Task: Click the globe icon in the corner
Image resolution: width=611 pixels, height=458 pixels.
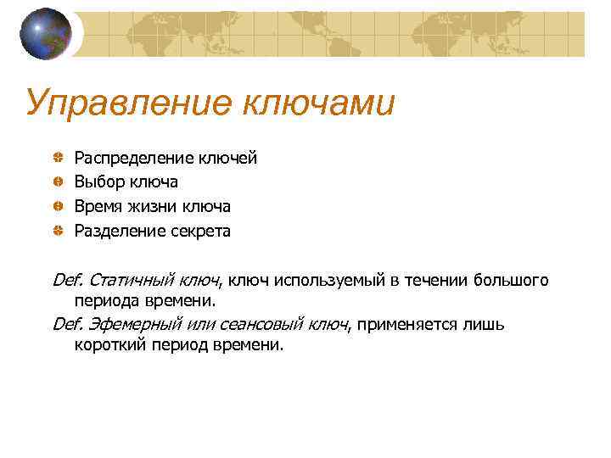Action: click(x=46, y=33)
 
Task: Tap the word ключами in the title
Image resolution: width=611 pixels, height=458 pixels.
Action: click(x=320, y=103)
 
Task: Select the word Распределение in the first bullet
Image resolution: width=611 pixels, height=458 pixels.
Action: click(x=134, y=158)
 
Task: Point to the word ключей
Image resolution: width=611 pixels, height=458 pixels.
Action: click(x=227, y=158)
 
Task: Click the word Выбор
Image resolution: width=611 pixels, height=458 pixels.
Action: click(x=100, y=182)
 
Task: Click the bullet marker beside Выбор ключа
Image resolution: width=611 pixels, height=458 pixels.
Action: click(x=56, y=182)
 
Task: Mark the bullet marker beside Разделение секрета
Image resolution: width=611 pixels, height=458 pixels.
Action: click(x=56, y=231)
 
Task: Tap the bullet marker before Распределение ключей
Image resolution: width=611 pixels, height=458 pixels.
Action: click(x=56, y=158)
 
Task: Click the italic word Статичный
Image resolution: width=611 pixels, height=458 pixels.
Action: click(x=126, y=281)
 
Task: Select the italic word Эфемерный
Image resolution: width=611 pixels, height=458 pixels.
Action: click(x=128, y=325)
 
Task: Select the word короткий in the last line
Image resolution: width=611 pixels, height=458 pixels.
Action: click(x=109, y=346)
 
